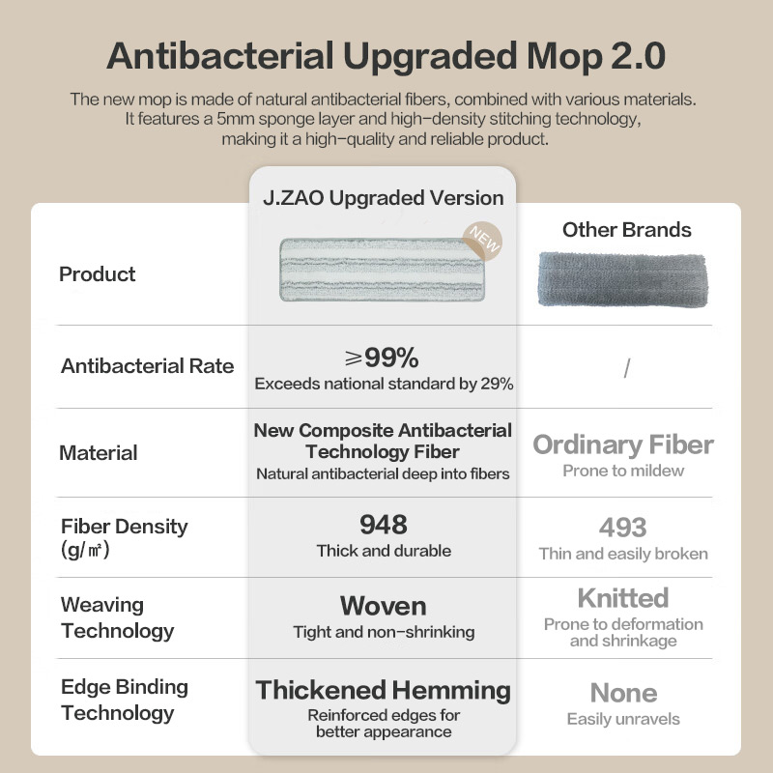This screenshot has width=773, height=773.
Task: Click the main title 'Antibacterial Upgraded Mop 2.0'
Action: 386,56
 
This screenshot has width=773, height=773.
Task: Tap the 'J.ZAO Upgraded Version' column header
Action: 383,198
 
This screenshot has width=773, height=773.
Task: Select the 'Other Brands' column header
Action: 626,230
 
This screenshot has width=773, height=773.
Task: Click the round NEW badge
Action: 482,241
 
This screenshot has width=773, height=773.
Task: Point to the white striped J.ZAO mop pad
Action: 382,270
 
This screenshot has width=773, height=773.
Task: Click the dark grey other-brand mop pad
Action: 622,279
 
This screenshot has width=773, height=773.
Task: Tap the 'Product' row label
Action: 98,274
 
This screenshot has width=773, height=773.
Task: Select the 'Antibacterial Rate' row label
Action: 148,366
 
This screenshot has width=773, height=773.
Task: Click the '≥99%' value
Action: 382,358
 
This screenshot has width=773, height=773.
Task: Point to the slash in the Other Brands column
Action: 626,368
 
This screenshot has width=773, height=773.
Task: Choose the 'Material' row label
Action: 99,452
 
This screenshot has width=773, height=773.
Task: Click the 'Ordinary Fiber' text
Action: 623,444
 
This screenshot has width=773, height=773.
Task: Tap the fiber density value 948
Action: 384,525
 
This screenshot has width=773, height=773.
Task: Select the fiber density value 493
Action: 622,528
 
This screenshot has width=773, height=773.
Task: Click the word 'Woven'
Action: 383,606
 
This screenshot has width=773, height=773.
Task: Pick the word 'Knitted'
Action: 623,598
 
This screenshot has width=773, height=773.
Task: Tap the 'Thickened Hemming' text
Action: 383,690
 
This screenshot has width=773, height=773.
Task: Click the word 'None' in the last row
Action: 623,693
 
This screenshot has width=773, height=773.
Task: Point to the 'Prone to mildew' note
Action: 623,471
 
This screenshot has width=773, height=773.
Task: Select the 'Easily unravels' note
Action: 623,719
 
